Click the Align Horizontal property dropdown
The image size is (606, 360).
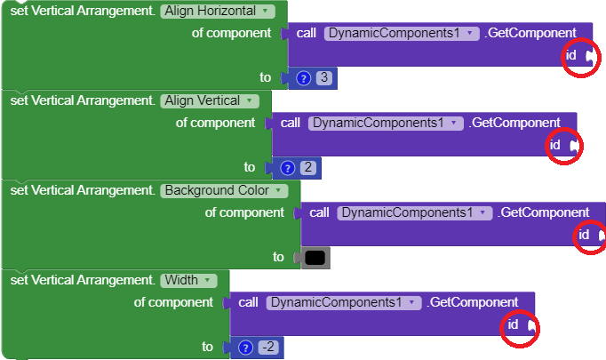[219, 11]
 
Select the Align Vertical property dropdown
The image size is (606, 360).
[211, 100]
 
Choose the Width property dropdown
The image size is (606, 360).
[189, 280]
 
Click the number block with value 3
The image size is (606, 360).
[324, 78]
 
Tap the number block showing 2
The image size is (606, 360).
[307, 167]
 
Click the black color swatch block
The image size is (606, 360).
[315, 258]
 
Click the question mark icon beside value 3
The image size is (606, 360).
[303, 78]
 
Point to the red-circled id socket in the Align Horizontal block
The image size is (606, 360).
[589, 56]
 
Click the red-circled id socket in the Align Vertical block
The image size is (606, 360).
[573, 145]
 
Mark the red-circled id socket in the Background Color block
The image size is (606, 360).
[601, 236]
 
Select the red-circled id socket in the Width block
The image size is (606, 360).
[530, 325]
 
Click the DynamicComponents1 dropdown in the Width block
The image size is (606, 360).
[343, 302]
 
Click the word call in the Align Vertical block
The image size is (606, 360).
[291, 123]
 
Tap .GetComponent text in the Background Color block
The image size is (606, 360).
[544, 212]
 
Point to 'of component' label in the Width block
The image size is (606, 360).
[173, 302]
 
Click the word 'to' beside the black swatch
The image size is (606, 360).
[279, 258]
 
